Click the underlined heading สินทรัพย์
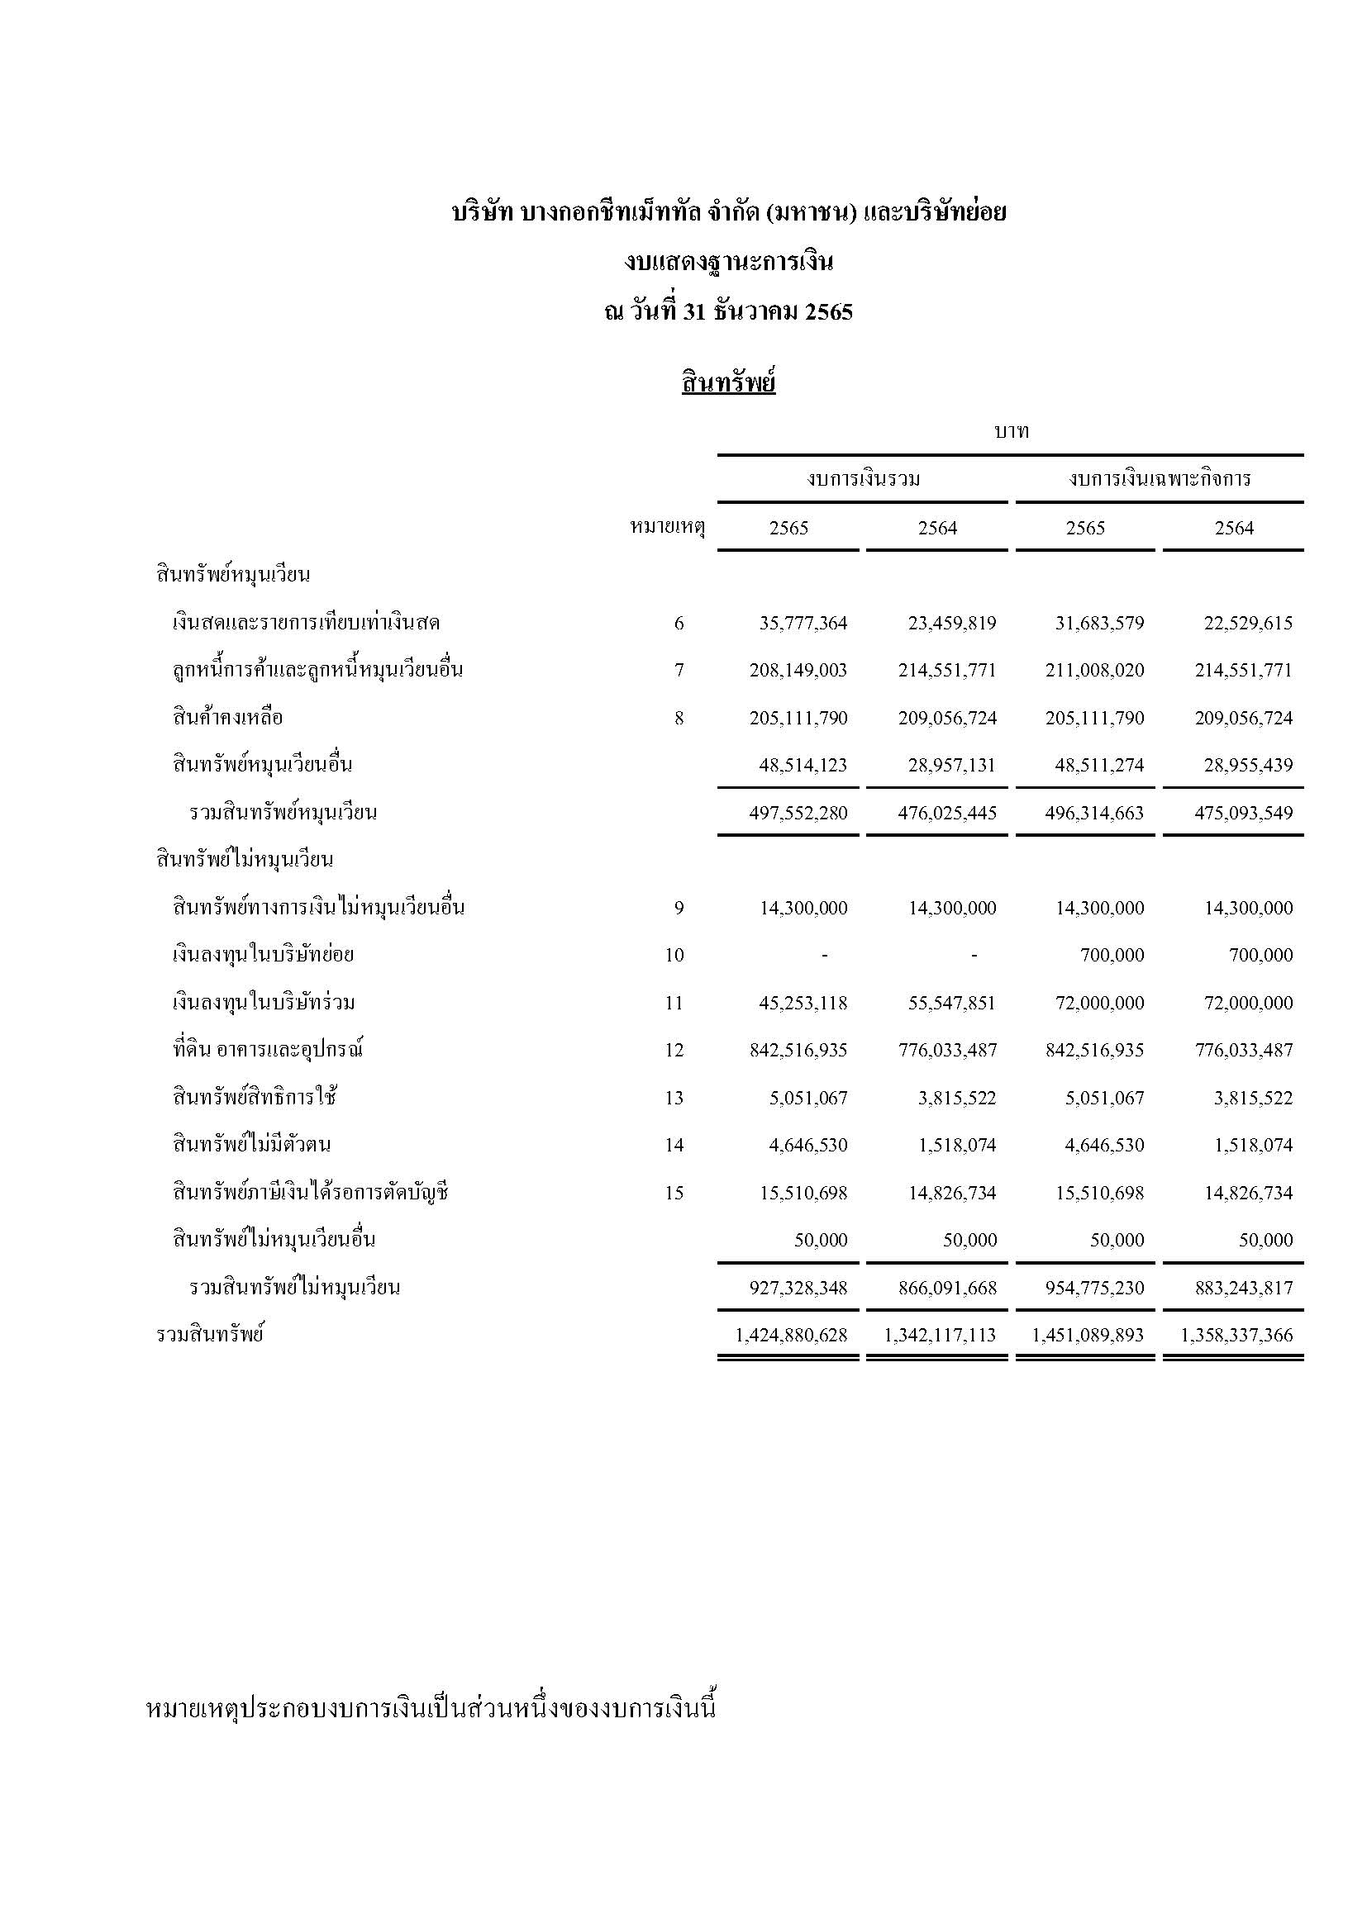[728, 384]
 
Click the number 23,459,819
[951, 624]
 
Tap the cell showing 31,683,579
[1099, 624]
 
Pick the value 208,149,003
[798, 671]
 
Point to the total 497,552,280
[798, 813]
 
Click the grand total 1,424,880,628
[791, 1336]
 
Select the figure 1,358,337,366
[1236, 1336]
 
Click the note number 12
[674, 1050]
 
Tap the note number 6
[679, 624]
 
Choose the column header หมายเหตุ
[667, 529]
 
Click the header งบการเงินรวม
[863, 480]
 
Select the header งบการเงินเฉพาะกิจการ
[1159, 480]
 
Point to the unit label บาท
[1011, 432]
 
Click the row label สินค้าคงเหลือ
[227, 718]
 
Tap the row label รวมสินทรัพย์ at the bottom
[210, 1335]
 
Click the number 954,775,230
[1094, 1289]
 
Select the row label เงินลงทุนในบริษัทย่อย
[263, 955]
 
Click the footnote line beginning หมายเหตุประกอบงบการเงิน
[430, 1709]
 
